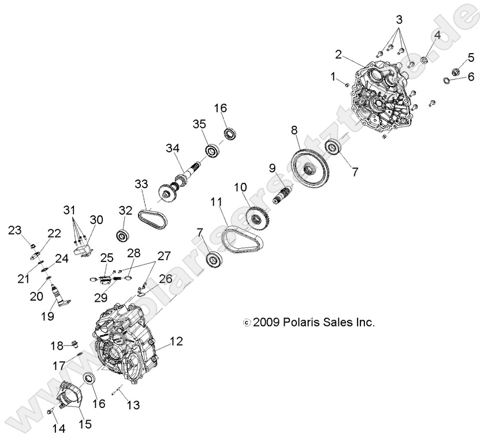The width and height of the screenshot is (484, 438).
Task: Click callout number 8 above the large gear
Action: [294, 130]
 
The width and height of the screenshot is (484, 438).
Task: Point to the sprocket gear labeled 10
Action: [255, 216]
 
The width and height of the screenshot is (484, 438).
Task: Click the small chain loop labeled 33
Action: [153, 219]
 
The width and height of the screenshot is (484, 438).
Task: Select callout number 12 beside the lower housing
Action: [176, 341]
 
